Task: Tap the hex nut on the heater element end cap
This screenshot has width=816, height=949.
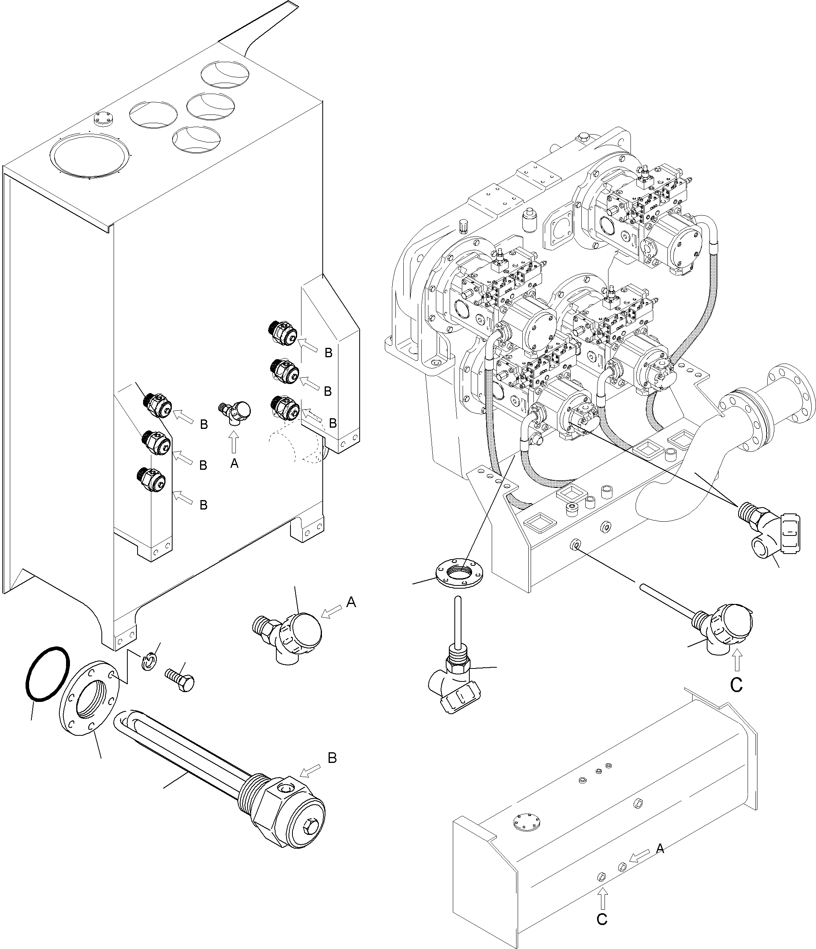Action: click(311, 829)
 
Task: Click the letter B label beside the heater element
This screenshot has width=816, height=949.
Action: click(332, 758)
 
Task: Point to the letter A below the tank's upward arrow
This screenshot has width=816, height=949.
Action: click(234, 463)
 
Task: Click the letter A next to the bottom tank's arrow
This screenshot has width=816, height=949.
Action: click(660, 849)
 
